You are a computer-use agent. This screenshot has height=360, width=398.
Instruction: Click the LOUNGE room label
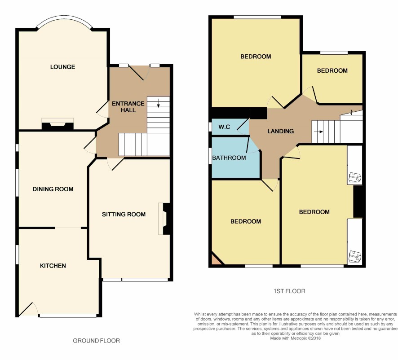pyautogui.click(x=63, y=67)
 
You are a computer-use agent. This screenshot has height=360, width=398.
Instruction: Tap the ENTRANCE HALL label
pyautogui.click(x=128, y=107)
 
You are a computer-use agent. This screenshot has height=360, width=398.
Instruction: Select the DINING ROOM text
pyautogui.click(x=53, y=189)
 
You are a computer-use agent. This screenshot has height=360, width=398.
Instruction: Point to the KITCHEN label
pyautogui.click(x=53, y=266)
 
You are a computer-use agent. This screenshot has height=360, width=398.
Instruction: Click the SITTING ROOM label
pyautogui.click(x=124, y=215)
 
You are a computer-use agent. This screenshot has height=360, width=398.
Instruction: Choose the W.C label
pyautogui.click(x=224, y=127)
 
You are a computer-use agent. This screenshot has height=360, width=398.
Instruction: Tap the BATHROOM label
pyautogui.click(x=229, y=158)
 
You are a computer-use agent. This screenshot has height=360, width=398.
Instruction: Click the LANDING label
pyautogui.click(x=281, y=131)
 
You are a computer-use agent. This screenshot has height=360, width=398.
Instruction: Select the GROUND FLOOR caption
pyautogui.click(x=97, y=341)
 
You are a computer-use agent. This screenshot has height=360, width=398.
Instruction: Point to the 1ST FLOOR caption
pyautogui.click(x=289, y=291)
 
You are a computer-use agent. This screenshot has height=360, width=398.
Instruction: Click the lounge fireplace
pyautogui.click(x=57, y=124)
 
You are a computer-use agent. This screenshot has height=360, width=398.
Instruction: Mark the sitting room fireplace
pyautogui.click(x=164, y=219)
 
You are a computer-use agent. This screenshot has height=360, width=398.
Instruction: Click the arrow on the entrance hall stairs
pyautogui.click(x=159, y=103)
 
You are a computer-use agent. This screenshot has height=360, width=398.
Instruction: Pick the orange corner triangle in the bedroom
pyautogui.click(x=215, y=260)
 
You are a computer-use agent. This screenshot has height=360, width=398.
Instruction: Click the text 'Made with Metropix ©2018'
pyautogui.click(x=296, y=338)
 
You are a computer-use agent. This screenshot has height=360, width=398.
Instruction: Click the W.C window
pyautogui.click(x=210, y=127)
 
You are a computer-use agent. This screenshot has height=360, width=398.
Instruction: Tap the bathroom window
pyautogui.click(x=210, y=156)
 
